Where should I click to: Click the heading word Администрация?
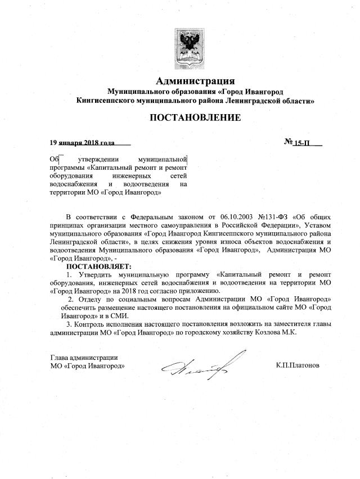195,80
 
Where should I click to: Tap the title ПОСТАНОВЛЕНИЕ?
195,118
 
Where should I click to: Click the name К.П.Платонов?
298,365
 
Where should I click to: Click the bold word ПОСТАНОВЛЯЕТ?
98,265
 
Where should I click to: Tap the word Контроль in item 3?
90,324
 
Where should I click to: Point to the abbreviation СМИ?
121,315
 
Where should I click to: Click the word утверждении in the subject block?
93,159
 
